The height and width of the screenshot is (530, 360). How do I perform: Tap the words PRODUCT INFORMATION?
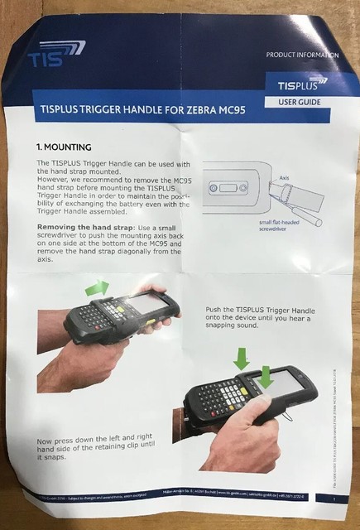point(302,55)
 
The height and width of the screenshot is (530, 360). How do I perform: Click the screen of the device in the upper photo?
point(146,304)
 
